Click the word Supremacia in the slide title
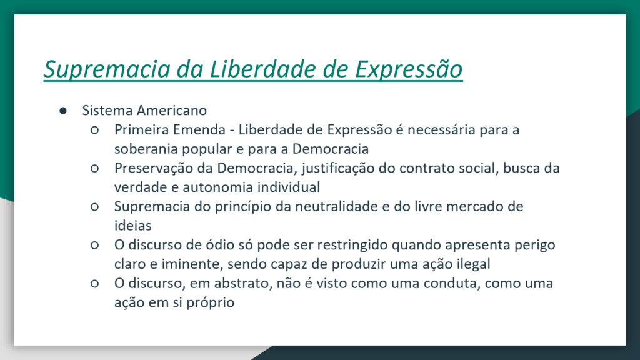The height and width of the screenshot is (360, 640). (x=107, y=69)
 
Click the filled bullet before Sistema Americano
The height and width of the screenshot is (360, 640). (x=63, y=111)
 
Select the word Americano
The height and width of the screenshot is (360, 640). (x=172, y=110)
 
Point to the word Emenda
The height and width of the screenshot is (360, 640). (x=199, y=129)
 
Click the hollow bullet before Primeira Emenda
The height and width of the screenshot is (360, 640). (x=95, y=130)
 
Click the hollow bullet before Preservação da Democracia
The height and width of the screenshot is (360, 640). (x=95, y=169)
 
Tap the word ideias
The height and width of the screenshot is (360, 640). (x=133, y=226)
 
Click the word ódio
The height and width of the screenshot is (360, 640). (x=218, y=245)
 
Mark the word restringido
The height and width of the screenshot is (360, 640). (x=352, y=245)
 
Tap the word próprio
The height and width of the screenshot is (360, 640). (x=210, y=303)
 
